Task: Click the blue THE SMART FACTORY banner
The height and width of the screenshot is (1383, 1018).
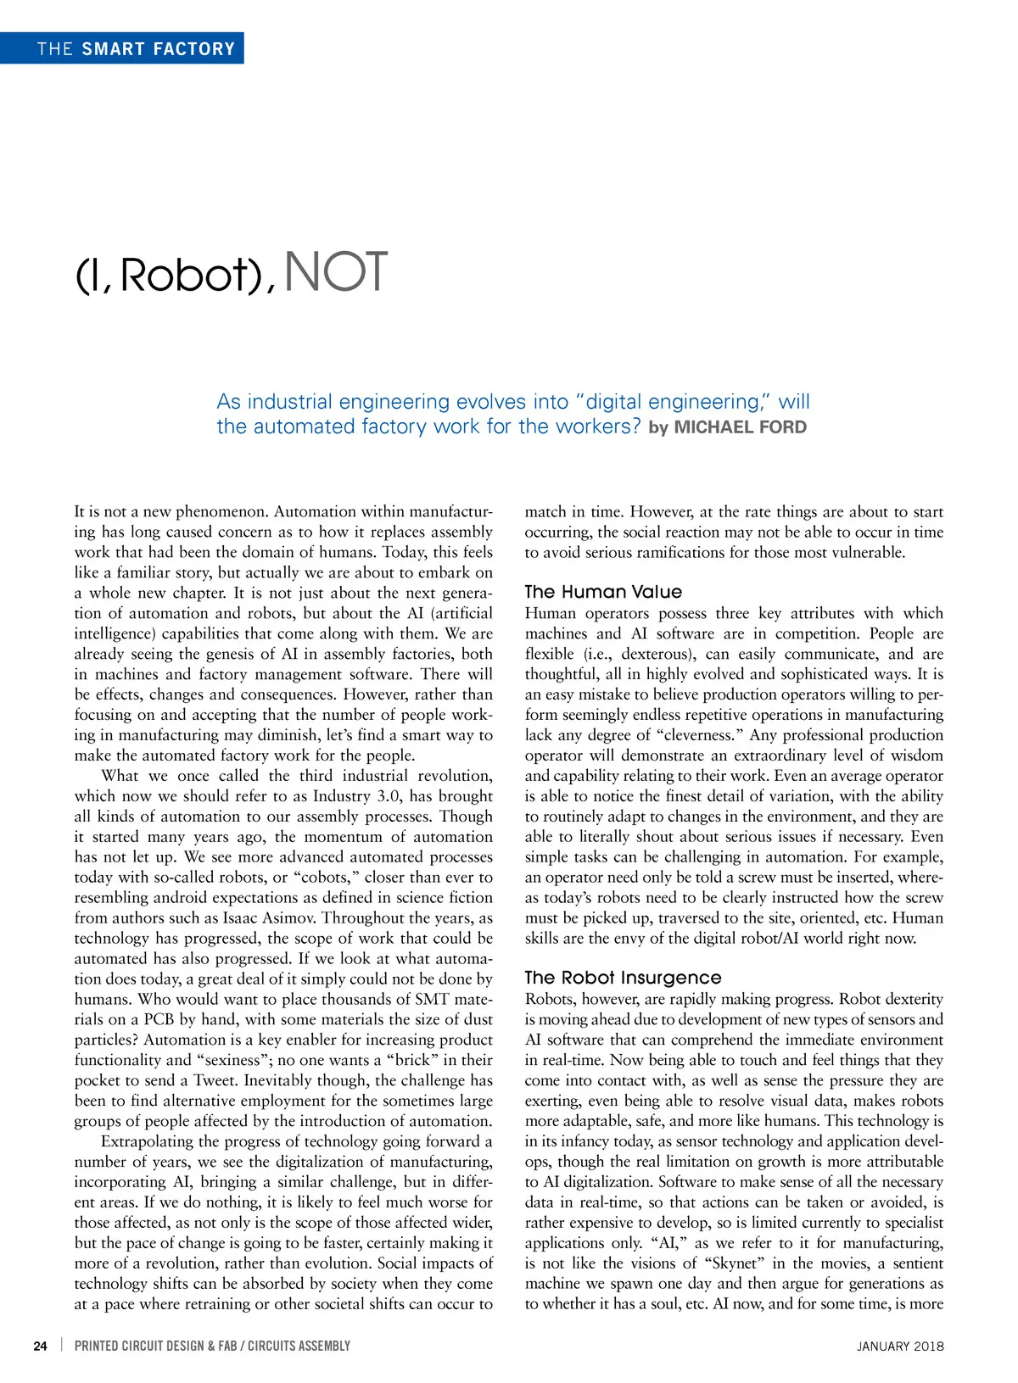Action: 122,48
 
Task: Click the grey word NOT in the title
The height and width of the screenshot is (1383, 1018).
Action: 337,273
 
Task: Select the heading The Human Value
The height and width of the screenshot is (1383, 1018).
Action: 603,592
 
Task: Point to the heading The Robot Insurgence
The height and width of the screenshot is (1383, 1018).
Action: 623,978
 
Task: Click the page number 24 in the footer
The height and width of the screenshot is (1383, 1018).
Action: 41,1346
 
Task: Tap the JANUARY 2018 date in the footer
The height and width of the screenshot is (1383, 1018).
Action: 900,1346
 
